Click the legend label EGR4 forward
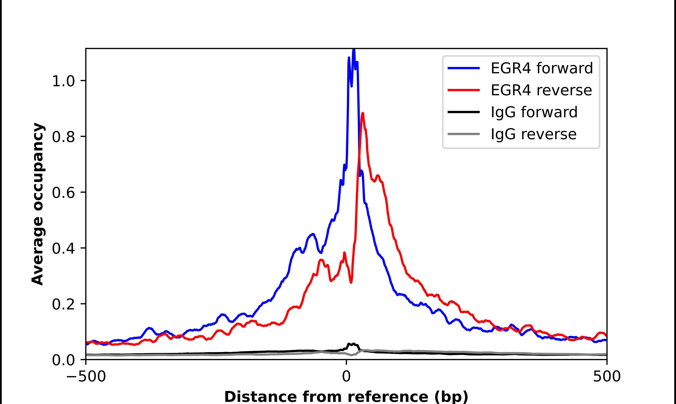(542, 68)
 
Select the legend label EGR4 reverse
(541, 90)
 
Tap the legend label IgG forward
(534, 112)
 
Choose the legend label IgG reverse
(533, 134)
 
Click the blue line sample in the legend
(464, 68)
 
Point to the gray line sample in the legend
(464, 134)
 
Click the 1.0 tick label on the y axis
(63, 81)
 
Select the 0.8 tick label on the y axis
(63, 137)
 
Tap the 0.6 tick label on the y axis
(63, 193)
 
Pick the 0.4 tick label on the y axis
(63, 249)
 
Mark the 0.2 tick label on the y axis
(63, 304)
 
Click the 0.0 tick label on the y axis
(63, 360)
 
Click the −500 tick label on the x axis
(86, 376)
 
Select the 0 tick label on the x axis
(346, 376)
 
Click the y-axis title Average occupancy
(37, 204)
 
